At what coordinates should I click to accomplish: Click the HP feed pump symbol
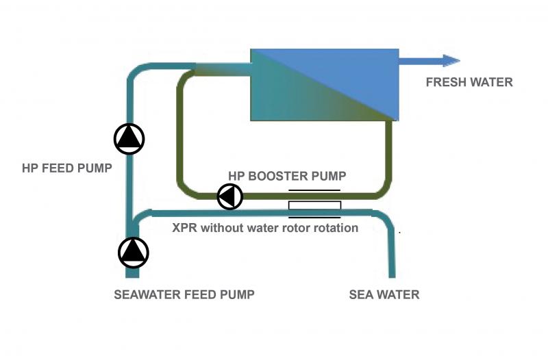[x=129, y=139]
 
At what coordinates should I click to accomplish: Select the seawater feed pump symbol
[x=133, y=253]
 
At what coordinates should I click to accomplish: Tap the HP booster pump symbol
[x=230, y=197]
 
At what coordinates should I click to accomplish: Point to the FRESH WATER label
[x=469, y=83]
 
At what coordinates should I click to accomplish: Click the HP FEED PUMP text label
[x=66, y=168]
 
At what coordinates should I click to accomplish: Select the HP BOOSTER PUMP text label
[x=287, y=175]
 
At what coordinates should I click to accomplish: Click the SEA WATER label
[x=384, y=295]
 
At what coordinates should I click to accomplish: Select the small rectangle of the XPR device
[x=314, y=205]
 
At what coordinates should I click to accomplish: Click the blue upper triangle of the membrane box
[x=349, y=68]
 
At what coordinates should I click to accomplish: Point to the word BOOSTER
[x=285, y=175]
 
